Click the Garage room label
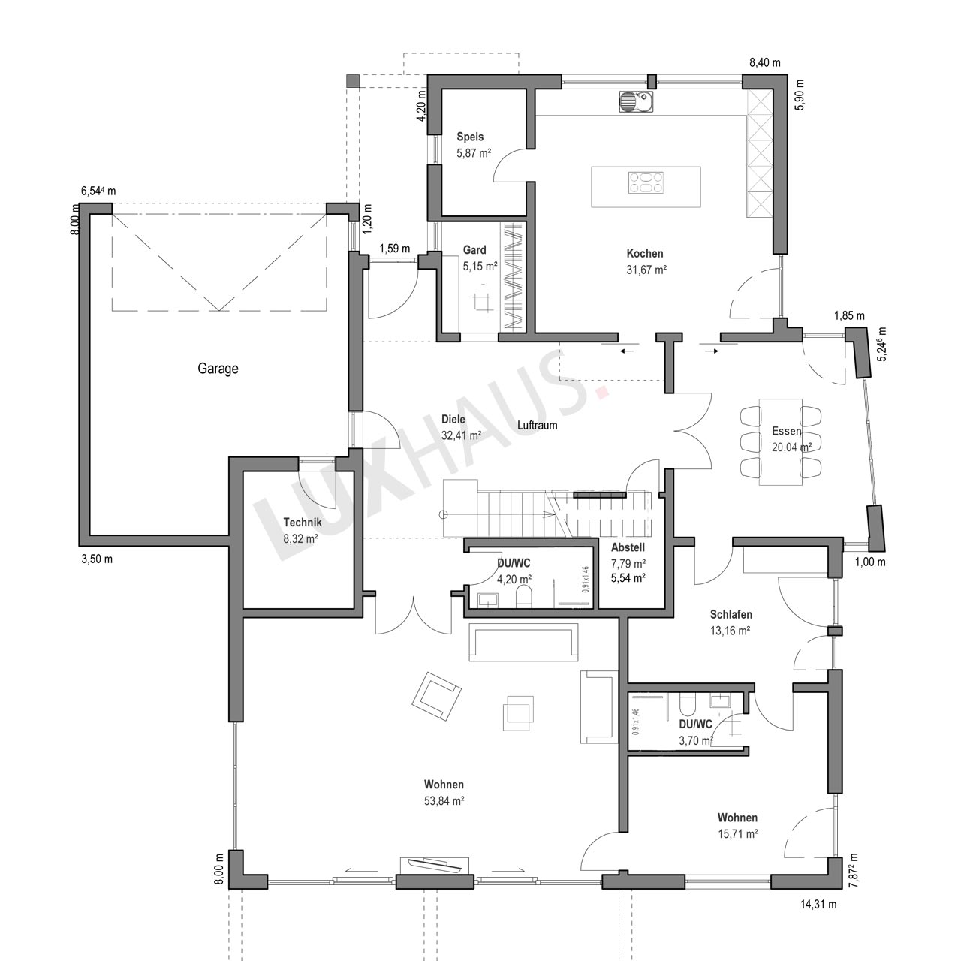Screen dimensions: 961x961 pos(218,369)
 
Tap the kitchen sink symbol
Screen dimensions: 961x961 pos(636,101)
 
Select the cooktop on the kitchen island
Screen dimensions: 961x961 pos(646,182)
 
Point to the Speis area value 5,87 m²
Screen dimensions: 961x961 pos(474,153)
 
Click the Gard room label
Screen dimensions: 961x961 pos(474,250)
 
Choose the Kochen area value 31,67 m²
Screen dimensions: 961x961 pos(647,270)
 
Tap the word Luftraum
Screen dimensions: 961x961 pos(537,426)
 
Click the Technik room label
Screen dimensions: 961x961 pos(303,522)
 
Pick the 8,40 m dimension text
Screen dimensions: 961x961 pos(765,62)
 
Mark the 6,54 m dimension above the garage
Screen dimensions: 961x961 pos(98,191)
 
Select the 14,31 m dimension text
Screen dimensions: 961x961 pos(818,918)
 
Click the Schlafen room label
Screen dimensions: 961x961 pos(731,614)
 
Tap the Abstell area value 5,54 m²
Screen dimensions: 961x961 pos(628,578)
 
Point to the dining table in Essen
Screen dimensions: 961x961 pos(781,441)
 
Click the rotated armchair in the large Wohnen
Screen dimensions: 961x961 pos(436,697)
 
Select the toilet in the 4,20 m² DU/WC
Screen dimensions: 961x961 pos(524,596)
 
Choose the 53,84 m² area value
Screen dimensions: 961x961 pos(444,801)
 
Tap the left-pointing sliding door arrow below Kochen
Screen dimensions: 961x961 pos(628,351)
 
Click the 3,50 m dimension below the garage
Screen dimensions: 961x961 pos(98,559)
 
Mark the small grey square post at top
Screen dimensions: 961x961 pos(353,81)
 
